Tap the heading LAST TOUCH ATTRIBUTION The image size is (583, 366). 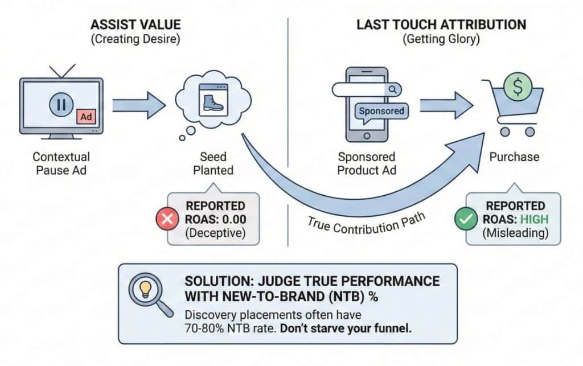click(441, 24)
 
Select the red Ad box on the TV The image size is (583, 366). click(86, 117)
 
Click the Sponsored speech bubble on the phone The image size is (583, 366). click(381, 110)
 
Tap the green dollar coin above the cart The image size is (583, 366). click(518, 87)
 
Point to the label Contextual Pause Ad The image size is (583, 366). click(61, 162)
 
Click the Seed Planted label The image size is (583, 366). click(213, 162)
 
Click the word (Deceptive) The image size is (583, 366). click(215, 232)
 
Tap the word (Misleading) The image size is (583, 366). click(514, 232)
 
